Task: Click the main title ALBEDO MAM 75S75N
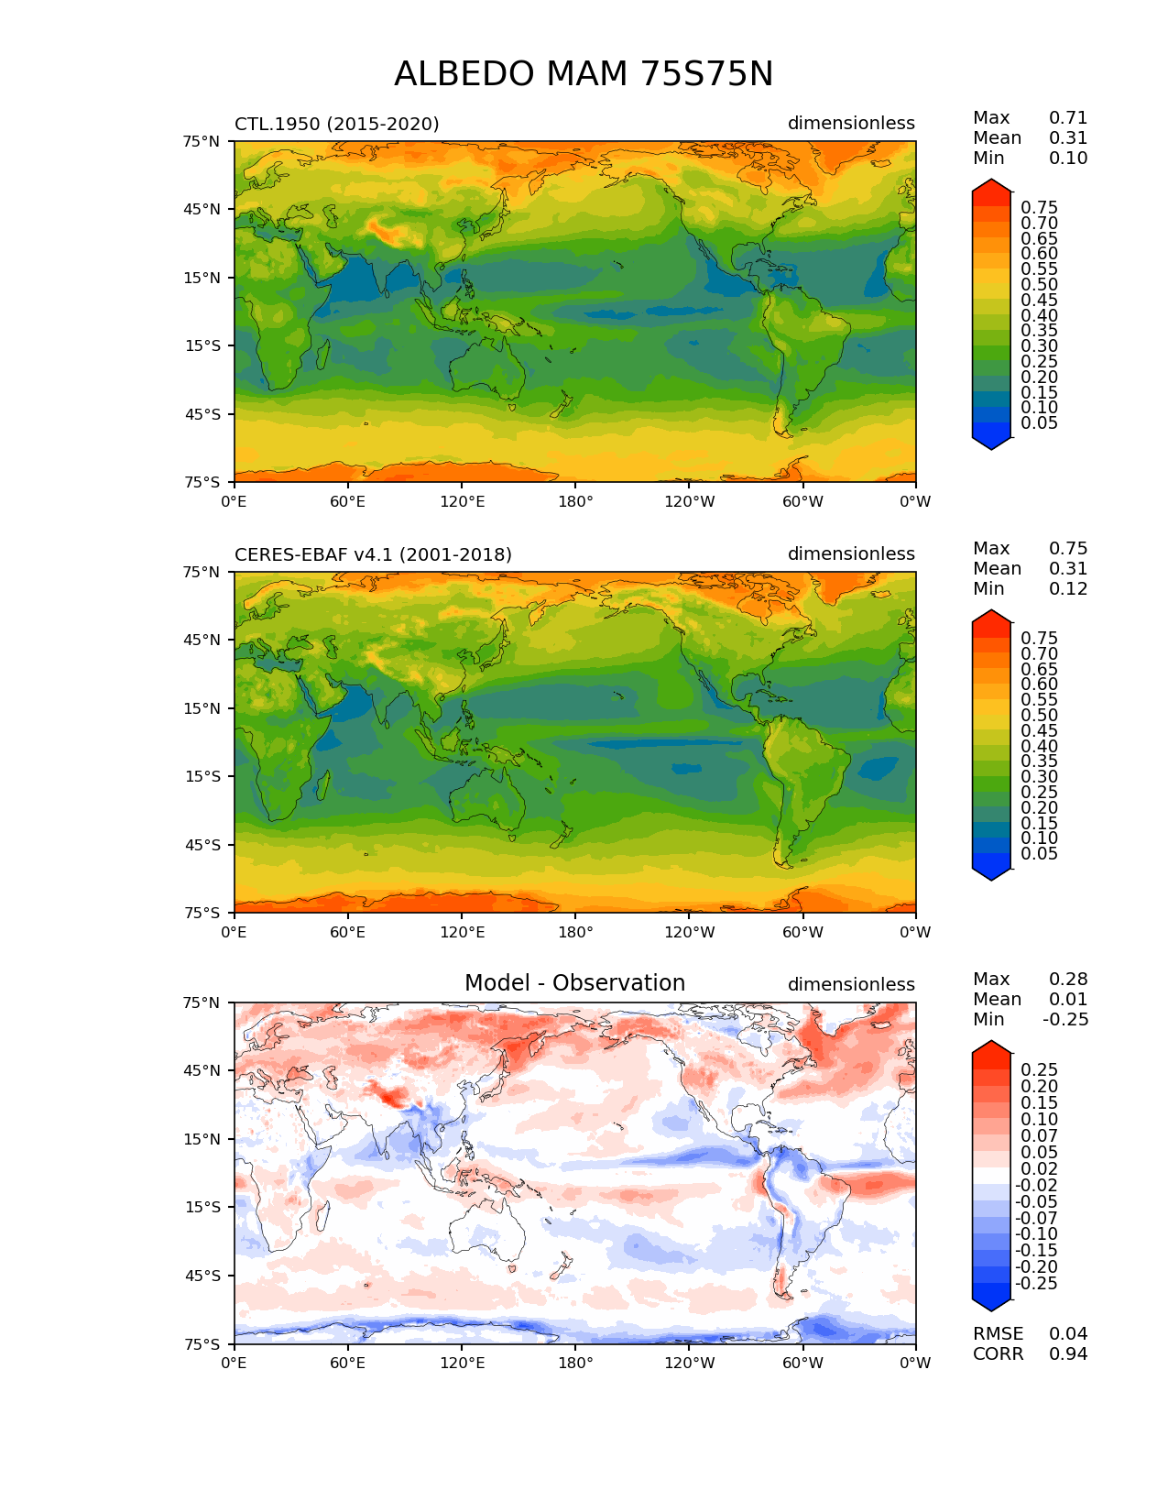coord(584,74)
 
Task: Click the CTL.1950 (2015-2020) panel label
coord(336,124)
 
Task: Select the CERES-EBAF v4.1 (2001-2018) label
coord(373,554)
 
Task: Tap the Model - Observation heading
coord(574,983)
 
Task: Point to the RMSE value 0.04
coord(1068,1334)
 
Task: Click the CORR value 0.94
coord(1068,1354)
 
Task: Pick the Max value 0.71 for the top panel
coord(1068,118)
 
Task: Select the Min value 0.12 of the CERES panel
coord(1068,589)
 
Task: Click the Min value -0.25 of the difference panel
coord(1065,1020)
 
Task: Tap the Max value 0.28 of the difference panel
coord(1068,980)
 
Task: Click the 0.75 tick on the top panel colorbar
coord(1039,208)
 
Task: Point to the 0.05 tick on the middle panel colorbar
coord(1039,854)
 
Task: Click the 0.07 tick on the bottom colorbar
coord(1039,1136)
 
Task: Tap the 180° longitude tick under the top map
coord(575,502)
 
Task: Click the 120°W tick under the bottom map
coord(689,1364)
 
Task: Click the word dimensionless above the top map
coord(851,124)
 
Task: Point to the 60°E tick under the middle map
coord(348,933)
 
